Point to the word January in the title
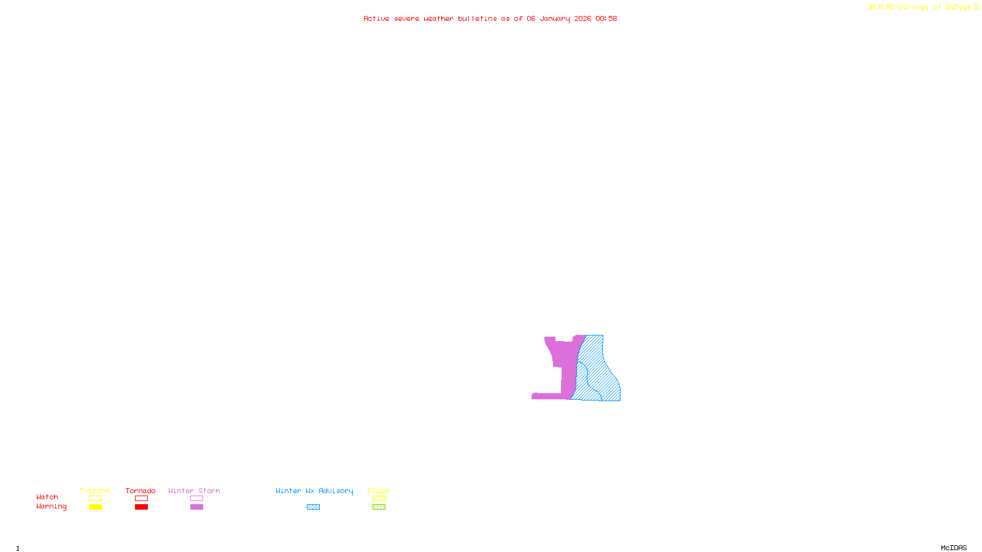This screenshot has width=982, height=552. pos(554,18)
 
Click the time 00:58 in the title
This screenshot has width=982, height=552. pos(606,18)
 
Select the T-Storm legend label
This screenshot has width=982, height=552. pos(95,491)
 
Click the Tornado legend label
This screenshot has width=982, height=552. pos(141,491)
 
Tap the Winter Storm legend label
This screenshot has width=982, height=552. pos(194,491)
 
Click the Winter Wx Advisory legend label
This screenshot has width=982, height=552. pos(314,491)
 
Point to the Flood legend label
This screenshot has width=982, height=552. pos(379,491)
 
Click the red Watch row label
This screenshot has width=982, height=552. pos(47,497)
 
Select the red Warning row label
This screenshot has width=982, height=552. pos(51,507)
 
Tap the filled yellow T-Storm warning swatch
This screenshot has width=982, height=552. pos(95,507)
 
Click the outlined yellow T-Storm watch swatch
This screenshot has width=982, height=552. pos(95,499)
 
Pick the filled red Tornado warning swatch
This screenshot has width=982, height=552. pos(141,507)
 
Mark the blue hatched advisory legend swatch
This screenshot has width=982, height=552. pos(313,507)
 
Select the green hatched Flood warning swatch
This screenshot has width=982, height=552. pos(379,507)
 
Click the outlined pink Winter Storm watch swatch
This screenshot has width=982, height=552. pos(196,499)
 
